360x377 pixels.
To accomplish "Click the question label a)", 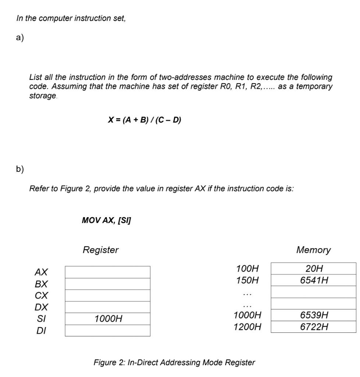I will coord(20,39).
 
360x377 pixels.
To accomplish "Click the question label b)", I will coord(20,169).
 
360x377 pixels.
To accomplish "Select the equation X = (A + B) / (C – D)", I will coord(144,120).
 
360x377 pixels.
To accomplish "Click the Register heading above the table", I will coord(100,250).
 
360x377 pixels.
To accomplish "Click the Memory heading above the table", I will coord(313,250).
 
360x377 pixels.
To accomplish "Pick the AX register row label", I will coord(41,272).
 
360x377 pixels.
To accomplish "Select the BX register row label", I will coord(41,284).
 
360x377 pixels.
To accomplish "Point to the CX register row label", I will coord(41,296).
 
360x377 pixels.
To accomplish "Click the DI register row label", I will coord(41,331).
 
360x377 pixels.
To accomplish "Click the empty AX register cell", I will coord(107,272).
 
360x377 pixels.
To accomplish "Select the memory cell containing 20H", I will coord(314,268).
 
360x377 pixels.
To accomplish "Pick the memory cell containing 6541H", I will coord(314,280).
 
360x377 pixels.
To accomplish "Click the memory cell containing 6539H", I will coord(314,315).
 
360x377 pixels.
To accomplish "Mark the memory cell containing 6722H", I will coord(314,327).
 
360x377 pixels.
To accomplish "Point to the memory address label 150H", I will coord(247,280).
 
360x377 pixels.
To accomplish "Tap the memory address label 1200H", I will coord(247,327).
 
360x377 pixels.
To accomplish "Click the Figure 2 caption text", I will coord(174,362).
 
